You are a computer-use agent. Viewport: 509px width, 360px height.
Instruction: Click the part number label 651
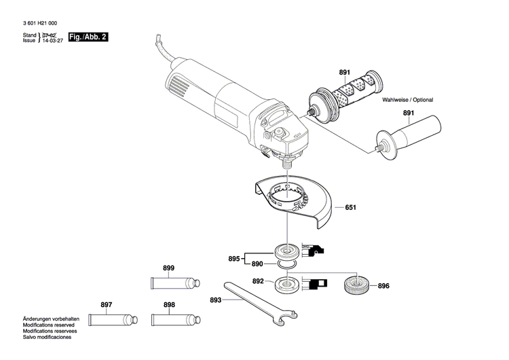click(350, 207)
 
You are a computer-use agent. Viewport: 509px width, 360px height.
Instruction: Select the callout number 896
click(383, 286)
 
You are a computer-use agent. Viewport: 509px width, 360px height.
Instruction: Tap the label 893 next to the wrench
click(216, 300)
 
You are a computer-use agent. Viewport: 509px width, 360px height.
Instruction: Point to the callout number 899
click(168, 268)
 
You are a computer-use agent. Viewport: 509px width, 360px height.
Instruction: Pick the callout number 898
click(168, 305)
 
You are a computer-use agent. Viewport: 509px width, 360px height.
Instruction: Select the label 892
click(258, 281)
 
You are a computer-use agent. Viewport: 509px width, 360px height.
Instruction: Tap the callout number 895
click(233, 259)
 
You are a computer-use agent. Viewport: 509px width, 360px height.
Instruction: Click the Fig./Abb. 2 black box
click(89, 37)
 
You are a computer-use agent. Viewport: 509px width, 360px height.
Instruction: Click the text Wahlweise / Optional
click(407, 100)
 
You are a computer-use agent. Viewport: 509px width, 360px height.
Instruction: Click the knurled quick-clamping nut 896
click(356, 285)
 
